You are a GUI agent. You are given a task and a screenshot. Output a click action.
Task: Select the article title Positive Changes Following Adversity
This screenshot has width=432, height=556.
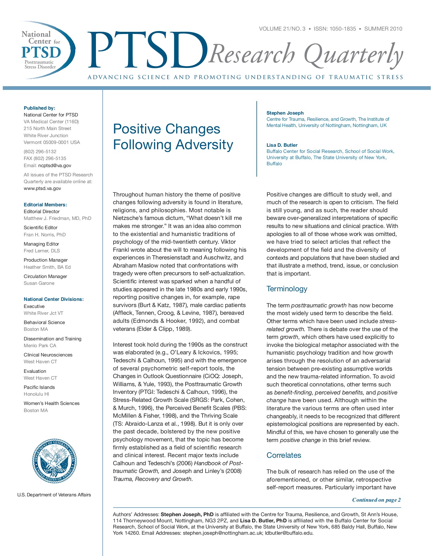tap(173, 137)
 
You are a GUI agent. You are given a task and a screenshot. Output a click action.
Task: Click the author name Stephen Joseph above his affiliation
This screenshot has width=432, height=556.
tap(285, 113)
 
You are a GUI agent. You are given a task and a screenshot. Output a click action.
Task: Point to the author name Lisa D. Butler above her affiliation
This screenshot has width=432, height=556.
tap(282, 145)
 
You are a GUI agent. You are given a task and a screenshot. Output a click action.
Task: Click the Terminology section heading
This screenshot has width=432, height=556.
tap(287, 289)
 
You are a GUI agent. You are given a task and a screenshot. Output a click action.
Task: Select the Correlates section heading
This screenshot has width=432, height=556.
tap(284, 455)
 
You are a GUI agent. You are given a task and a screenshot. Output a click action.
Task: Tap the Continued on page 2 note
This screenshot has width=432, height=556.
tap(376, 500)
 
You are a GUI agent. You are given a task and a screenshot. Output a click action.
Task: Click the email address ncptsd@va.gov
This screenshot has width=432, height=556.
tap(55, 166)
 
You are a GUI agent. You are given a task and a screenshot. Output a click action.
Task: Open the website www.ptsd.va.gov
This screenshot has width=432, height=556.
tap(42, 188)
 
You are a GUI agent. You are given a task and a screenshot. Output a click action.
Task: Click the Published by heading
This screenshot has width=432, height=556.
tap(39, 108)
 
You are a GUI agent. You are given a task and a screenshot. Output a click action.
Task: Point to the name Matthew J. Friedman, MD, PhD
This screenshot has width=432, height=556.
tap(57, 218)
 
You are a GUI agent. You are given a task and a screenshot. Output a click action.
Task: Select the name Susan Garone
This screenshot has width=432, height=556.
tap(39, 283)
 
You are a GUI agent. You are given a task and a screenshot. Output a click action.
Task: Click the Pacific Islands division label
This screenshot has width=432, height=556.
tap(39, 387)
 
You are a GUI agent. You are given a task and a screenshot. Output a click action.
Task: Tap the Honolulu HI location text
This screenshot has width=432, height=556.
tap(36, 394)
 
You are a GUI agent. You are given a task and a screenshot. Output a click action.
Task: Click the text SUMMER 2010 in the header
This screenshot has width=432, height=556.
tap(383, 29)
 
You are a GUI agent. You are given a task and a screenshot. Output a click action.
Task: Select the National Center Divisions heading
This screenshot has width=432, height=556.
tap(54, 299)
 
